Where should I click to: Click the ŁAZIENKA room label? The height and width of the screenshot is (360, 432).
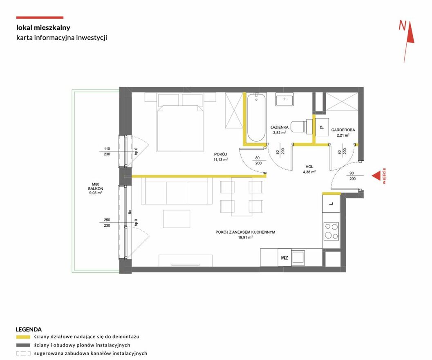click(280, 128)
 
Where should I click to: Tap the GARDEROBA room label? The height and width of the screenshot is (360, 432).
click(343, 130)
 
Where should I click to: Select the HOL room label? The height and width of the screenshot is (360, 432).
click(309, 166)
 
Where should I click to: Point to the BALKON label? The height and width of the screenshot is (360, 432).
click(96, 189)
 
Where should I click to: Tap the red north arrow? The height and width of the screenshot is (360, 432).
click(409, 41)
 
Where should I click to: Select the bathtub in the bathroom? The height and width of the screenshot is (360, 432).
click(257, 117)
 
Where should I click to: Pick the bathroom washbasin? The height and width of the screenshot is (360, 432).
click(284, 99)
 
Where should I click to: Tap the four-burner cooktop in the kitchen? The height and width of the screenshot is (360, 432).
click(331, 231)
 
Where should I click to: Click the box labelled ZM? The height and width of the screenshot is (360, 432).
click(284, 258)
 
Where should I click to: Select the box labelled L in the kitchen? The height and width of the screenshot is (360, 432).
click(331, 204)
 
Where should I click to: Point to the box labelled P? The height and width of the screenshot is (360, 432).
click(322, 127)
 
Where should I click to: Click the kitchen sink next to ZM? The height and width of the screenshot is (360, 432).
click(298, 258)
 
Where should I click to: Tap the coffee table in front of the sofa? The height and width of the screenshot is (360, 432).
click(177, 219)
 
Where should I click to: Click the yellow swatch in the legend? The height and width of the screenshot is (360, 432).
click(23, 337)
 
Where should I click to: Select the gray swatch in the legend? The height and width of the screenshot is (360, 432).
click(23, 345)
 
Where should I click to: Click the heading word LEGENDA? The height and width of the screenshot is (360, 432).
click(29, 329)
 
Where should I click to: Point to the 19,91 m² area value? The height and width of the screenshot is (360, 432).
click(246, 237)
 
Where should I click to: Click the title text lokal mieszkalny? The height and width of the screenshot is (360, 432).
click(43, 27)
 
